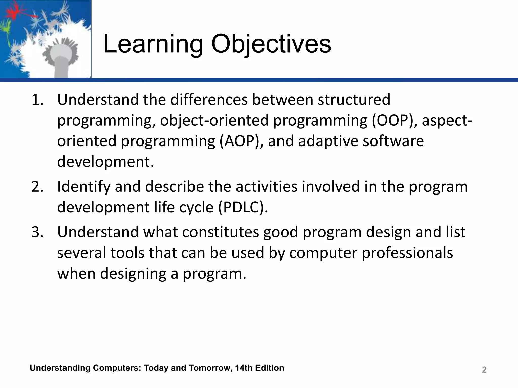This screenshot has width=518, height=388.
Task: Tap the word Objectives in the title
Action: pyautogui.click(x=271, y=44)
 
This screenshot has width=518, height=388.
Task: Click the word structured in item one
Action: pyautogui.click(x=354, y=100)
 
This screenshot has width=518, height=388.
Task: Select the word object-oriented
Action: pyautogui.click(x=214, y=120)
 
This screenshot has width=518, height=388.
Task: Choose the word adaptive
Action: pyautogui.click(x=328, y=141)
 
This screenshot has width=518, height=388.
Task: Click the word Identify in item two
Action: pyautogui.click(x=84, y=187)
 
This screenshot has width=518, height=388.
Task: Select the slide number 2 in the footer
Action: pyautogui.click(x=484, y=370)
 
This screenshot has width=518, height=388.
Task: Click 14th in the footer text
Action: pyautogui.click(x=244, y=368)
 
